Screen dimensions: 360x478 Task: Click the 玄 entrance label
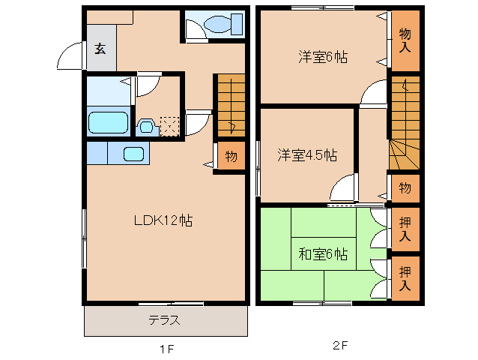[x=100, y=49]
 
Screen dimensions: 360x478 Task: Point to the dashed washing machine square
[x=169, y=125]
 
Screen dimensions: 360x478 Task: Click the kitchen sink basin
[x=134, y=154]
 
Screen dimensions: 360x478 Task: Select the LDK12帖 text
[x=163, y=220]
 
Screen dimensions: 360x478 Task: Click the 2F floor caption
[x=341, y=346]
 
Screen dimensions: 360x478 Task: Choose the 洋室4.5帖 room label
[x=306, y=155]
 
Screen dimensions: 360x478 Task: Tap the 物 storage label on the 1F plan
[x=231, y=157]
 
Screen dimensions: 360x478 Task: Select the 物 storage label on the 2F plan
[x=405, y=187]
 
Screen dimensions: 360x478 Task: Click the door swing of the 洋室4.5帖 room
[x=343, y=189]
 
